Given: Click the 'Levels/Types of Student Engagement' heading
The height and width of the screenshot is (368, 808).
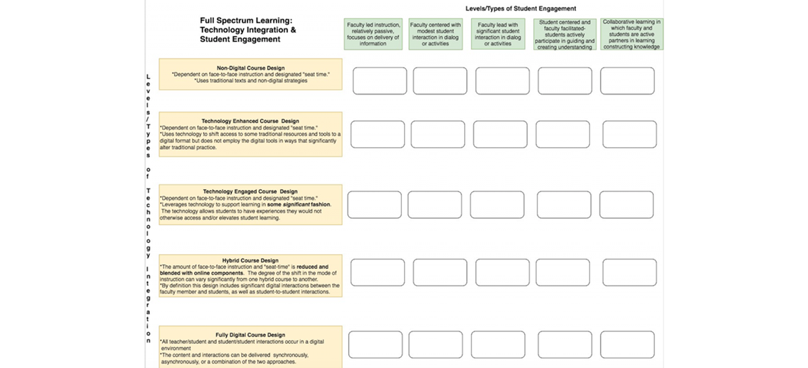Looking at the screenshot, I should coord(521,8).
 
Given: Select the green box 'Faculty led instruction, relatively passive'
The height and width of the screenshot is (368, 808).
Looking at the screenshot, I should coord(373,34).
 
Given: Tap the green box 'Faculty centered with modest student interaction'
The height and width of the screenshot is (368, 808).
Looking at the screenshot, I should coord(435,34).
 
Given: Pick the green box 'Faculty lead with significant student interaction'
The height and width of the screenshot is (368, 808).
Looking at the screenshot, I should coord(497,34).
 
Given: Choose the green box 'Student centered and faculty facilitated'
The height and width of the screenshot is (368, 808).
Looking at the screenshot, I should coord(565,34).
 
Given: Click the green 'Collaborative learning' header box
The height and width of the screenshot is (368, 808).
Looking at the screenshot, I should coord(631,34).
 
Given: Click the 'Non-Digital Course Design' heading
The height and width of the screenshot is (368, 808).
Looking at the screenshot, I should coord(250,68).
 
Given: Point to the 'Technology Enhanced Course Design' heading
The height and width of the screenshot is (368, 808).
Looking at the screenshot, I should coord(250,121).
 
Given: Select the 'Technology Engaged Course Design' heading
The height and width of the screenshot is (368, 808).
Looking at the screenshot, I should coord(250,191).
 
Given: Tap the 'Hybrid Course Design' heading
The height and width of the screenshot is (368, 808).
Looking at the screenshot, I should coord(250,260).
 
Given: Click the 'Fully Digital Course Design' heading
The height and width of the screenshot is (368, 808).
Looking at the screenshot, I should coord(250,335).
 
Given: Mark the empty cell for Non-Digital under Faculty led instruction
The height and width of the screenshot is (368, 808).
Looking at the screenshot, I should coord(380,81).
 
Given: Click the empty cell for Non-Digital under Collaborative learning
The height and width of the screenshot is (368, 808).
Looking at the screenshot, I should coord(627,81).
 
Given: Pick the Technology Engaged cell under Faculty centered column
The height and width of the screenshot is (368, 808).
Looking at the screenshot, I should coord(434,204).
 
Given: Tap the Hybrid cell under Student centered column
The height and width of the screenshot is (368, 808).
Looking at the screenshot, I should coord(564,273).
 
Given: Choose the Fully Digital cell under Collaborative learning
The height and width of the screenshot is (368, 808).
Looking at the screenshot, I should coord(627,345).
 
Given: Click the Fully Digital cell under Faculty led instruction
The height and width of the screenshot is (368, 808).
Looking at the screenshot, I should coord(375,345).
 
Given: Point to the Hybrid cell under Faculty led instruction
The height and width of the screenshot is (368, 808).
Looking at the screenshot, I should coord(378,273).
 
